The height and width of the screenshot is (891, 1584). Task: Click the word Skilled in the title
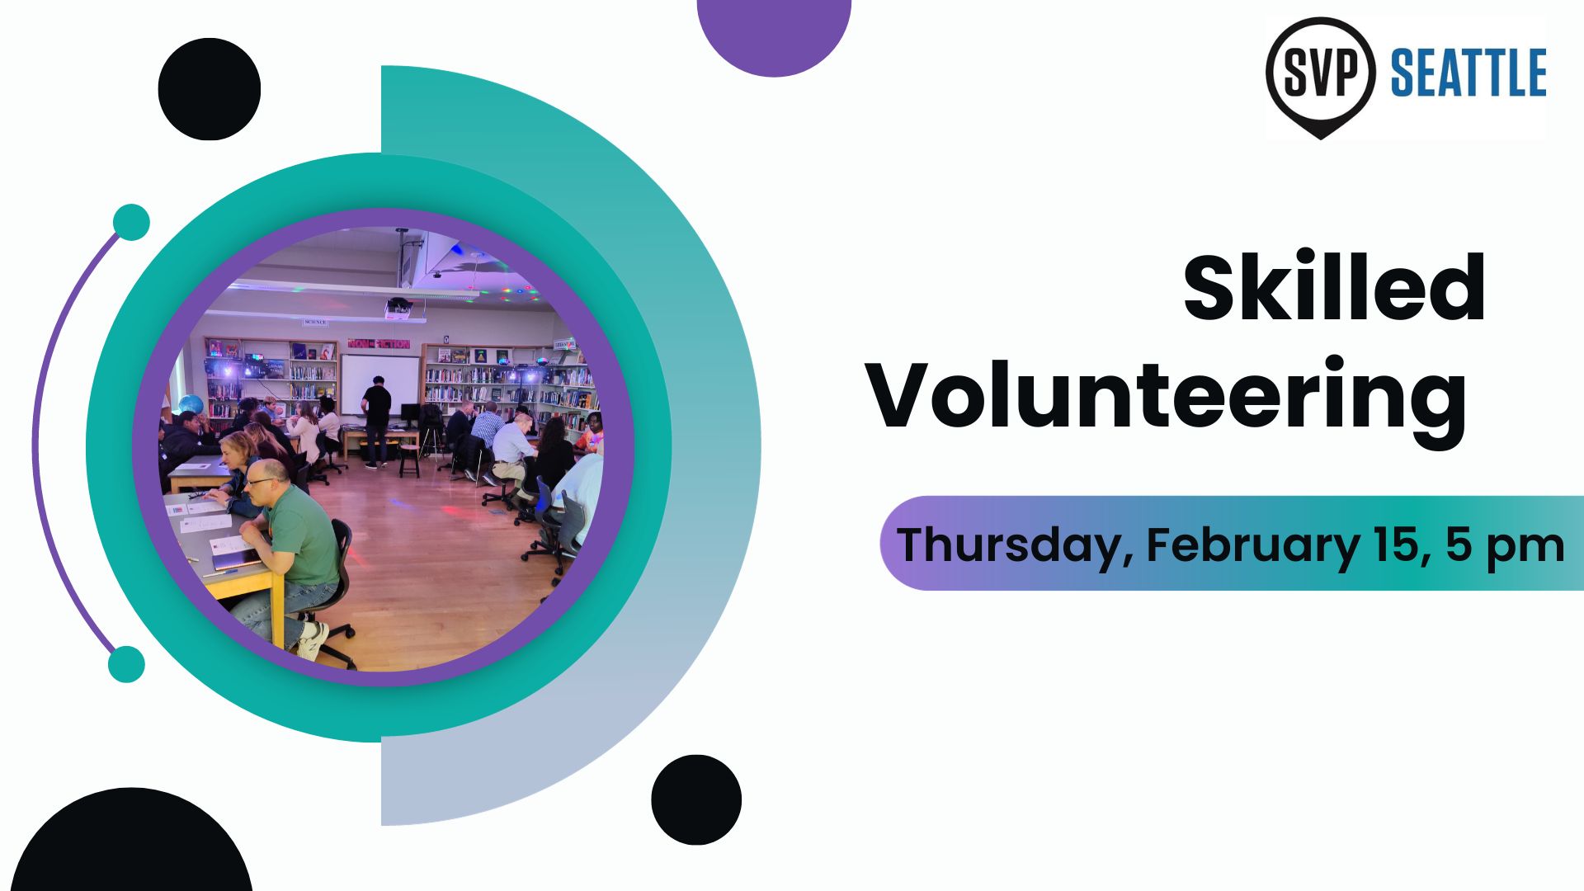coord(1334,289)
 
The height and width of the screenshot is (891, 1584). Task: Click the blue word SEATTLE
coord(1468,73)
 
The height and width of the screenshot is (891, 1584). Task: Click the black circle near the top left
coord(210,89)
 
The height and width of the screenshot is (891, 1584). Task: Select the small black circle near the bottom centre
coord(696,799)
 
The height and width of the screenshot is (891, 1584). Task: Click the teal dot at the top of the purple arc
coord(130,223)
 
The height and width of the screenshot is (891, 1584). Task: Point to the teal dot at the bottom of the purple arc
coord(126,664)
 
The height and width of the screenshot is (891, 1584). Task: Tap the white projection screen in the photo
coord(380,385)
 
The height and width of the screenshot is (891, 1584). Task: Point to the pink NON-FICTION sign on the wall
coord(379,343)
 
